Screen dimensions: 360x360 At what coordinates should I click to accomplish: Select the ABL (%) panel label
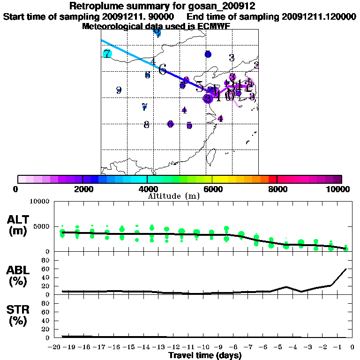pyautogui.click(x=19, y=277)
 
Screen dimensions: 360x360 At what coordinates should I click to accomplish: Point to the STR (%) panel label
pyautogui.click(x=19, y=315)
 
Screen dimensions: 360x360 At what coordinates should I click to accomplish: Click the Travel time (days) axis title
pyautogui.click(x=205, y=355)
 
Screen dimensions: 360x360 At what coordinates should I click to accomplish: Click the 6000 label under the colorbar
pyautogui.click(x=213, y=189)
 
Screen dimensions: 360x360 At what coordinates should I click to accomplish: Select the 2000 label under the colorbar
pyautogui.click(x=82, y=189)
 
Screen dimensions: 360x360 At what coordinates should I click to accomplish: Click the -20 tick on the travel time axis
pyautogui.click(x=56, y=347)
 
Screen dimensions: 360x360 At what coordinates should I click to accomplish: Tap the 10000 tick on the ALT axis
pyautogui.click(x=40, y=202)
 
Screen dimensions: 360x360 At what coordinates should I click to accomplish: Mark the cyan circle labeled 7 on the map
pyautogui.click(x=107, y=53)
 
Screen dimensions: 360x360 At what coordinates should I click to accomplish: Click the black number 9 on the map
pyautogui.click(x=119, y=90)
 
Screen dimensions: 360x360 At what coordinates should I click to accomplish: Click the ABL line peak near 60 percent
pyautogui.click(x=345, y=269)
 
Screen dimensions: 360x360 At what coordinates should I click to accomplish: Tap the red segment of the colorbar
pyautogui.click(x=272, y=179)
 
